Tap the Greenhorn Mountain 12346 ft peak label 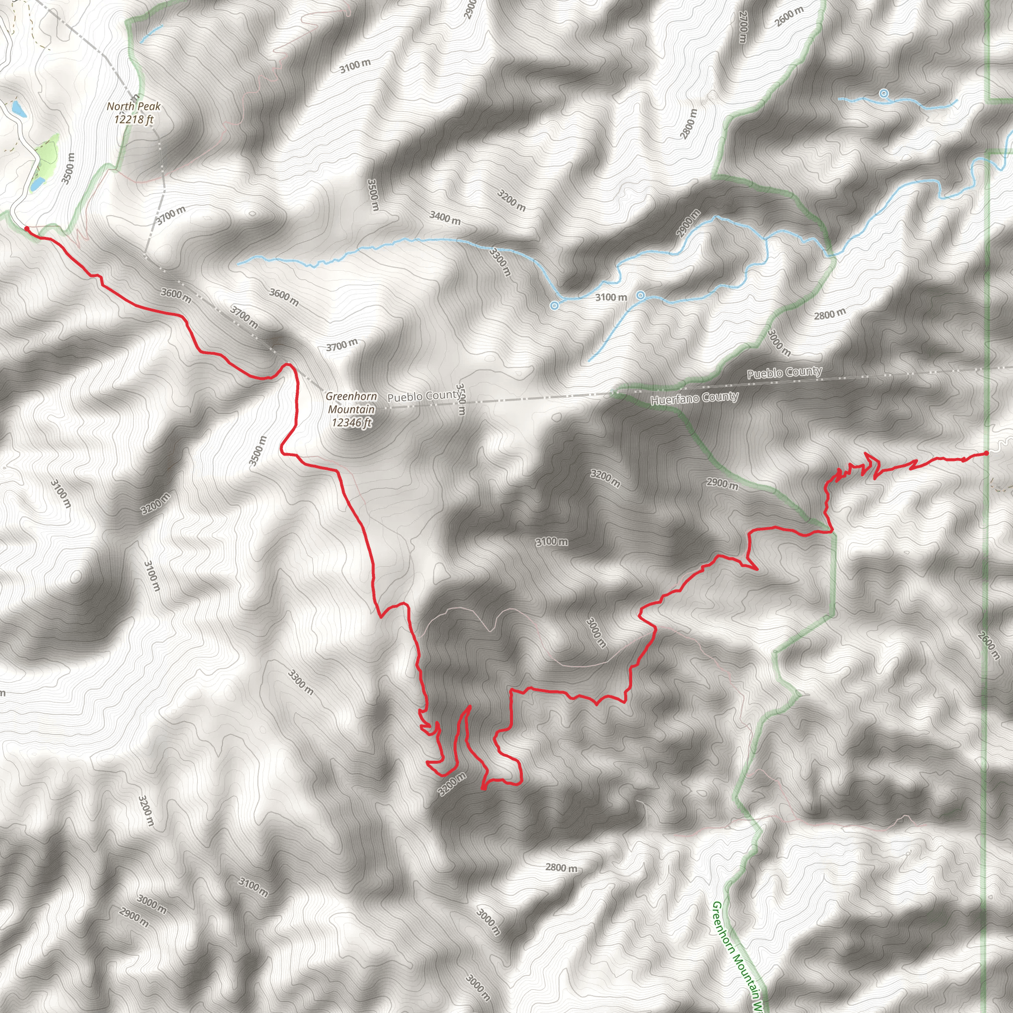pyautogui.click(x=351, y=410)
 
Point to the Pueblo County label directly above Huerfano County pyautogui.click(x=784, y=372)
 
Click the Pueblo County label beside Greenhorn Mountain pyautogui.click(x=424, y=396)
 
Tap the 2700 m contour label pyautogui.click(x=742, y=27)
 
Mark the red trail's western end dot pyautogui.click(x=27, y=229)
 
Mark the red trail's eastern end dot pyautogui.click(x=986, y=453)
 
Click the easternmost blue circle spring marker pyautogui.click(x=883, y=94)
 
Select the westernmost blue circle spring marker pyautogui.click(x=554, y=306)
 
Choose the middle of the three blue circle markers pyautogui.click(x=640, y=296)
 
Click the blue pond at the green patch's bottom pyautogui.click(x=37, y=184)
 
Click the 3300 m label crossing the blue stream pyautogui.click(x=500, y=261)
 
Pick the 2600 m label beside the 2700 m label pyautogui.click(x=788, y=16)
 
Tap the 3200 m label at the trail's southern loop pyautogui.click(x=452, y=784)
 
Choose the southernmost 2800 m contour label pyautogui.click(x=561, y=868)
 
